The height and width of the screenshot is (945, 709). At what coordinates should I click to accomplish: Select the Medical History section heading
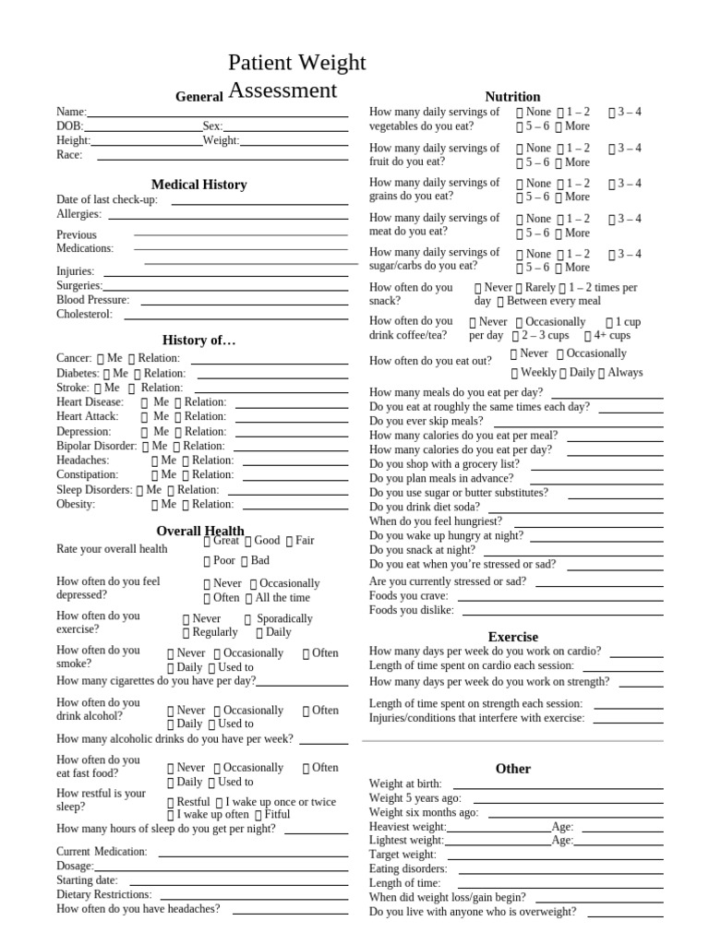[198, 185]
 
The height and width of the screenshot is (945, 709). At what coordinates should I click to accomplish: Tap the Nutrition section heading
[512, 97]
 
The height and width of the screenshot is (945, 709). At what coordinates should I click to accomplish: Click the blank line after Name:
[218, 113]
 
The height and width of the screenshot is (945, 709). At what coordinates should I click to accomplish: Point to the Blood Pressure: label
[92, 300]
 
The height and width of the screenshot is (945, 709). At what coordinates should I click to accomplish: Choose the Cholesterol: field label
[84, 315]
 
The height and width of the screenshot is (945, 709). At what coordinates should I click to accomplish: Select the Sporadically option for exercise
[283, 619]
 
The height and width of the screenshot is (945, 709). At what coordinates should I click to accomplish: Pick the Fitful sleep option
[276, 815]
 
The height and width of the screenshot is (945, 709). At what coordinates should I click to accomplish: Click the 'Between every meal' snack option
[553, 302]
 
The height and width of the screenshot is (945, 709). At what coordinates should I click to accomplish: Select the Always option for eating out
[624, 373]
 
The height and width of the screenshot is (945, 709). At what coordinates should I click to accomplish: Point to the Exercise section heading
[512, 637]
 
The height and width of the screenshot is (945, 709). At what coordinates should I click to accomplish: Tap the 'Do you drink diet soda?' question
[426, 507]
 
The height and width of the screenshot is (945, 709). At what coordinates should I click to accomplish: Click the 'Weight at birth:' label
[405, 784]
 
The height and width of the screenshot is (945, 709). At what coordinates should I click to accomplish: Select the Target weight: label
[403, 855]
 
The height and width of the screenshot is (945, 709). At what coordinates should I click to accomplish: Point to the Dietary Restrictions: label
[103, 894]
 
